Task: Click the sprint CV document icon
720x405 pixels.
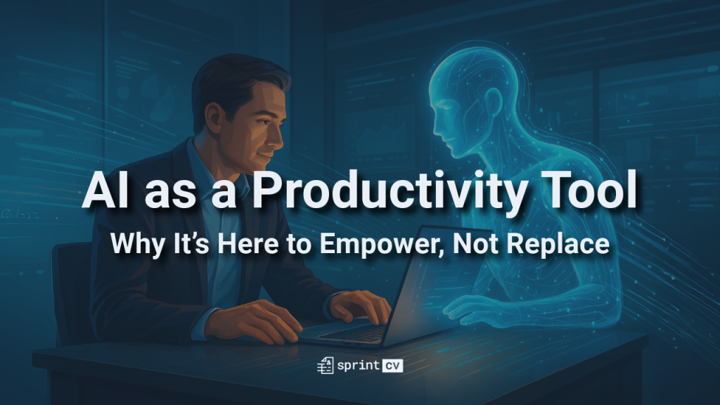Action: (325, 365)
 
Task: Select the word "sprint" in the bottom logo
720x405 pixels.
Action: (356, 366)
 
